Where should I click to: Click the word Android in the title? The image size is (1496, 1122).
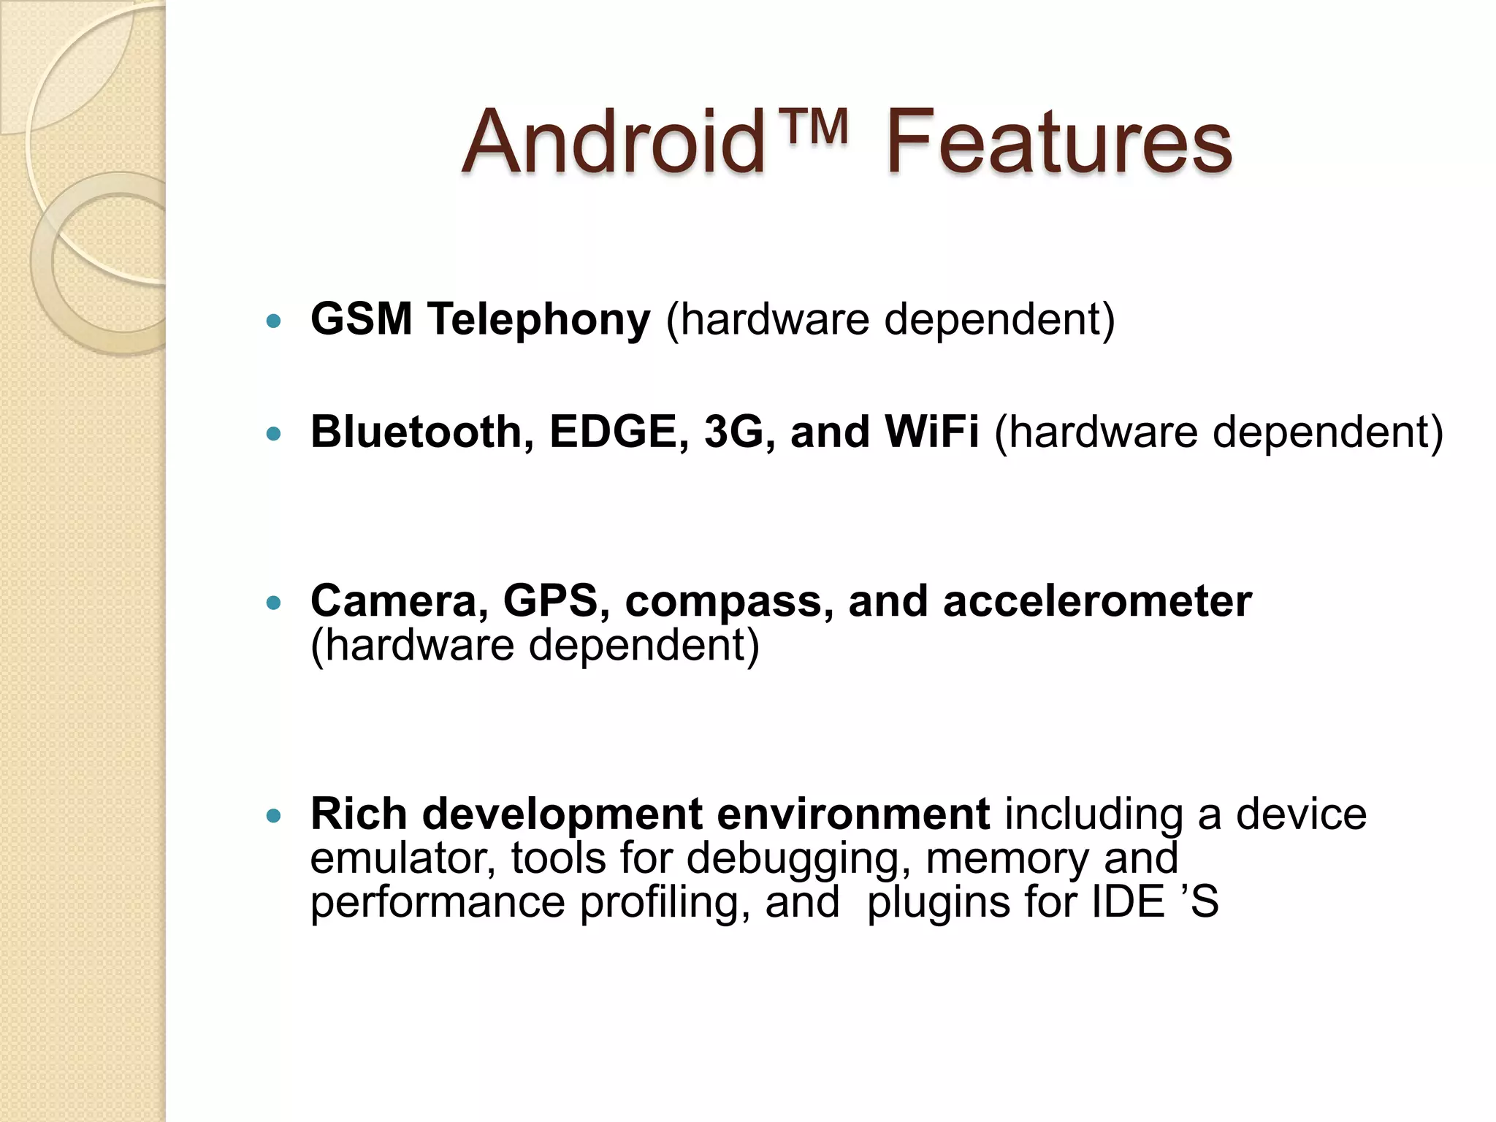click(614, 142)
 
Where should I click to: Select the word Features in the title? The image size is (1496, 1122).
click(1059, 142)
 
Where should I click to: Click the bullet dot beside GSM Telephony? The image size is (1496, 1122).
click(274, 321)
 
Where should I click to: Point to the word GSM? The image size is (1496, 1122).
click(362, 319)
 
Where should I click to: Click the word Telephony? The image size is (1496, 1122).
click(539, 321)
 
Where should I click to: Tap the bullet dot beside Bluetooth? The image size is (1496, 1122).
click(274, 433)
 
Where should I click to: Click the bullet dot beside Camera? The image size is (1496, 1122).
click(274, 603)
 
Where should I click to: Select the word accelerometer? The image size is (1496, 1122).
click(1097, 602)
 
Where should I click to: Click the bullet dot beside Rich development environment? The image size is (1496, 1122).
click(274, 815)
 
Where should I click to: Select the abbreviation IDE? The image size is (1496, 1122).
click(1128, 902)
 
